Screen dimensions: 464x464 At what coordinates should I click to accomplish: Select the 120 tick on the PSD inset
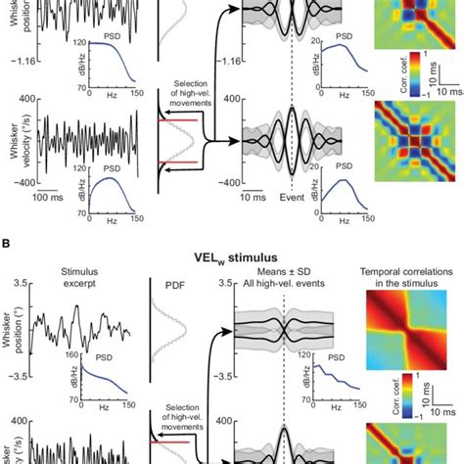(63, 42)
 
